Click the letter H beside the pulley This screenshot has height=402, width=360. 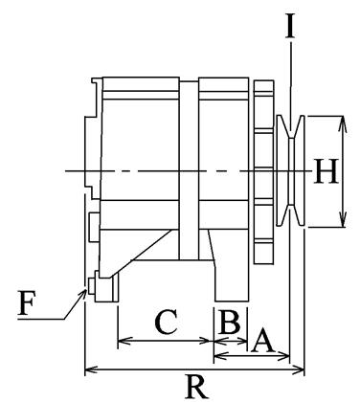326,171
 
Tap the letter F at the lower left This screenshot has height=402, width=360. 27,302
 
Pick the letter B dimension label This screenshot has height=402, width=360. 230,322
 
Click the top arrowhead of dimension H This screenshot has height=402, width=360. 342,123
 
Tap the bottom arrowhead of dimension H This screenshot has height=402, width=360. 343,220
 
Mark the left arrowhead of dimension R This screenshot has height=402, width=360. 91,370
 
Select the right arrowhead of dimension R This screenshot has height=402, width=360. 299,370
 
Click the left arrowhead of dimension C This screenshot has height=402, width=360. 124,341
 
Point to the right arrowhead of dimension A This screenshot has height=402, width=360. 283,355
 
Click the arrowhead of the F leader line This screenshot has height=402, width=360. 82,293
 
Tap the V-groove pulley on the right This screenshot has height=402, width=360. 290,171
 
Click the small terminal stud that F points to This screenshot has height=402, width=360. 91,285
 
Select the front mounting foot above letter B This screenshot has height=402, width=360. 232,280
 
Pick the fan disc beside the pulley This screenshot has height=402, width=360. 263,172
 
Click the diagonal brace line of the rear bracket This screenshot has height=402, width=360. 142,252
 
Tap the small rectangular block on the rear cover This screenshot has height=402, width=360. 94,227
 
